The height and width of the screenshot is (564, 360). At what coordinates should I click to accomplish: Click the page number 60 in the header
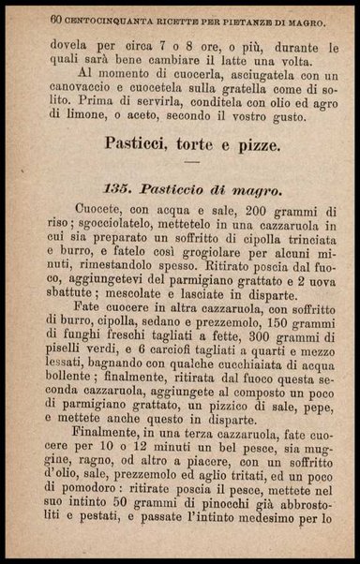pos(57,18)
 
